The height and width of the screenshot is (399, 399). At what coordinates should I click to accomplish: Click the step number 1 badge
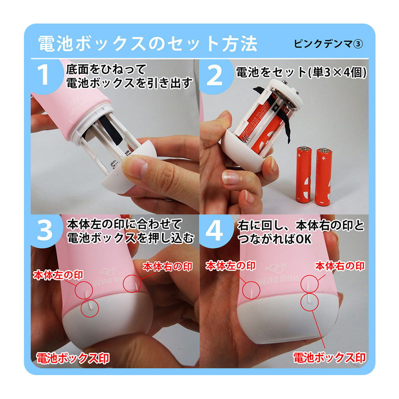click(46, 75)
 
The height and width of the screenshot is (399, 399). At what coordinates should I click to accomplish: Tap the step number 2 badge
click(215, 75)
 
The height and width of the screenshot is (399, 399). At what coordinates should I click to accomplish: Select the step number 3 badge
click(46, 230)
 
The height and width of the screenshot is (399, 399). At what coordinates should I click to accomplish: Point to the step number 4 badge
click(215, 231)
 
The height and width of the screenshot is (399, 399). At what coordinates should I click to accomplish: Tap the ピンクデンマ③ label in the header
click(328, 44)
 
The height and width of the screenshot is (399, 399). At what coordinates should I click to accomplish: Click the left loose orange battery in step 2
click(304, 175)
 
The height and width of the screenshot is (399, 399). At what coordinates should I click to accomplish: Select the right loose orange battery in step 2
click(324, 177)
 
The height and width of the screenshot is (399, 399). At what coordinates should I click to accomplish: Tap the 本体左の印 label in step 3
click(58, 275)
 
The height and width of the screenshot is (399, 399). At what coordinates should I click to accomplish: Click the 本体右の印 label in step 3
click(168, 267)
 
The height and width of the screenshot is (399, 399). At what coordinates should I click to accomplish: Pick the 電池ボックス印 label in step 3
click(73, 358)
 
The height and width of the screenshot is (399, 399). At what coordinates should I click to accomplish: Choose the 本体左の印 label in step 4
click(231, 266)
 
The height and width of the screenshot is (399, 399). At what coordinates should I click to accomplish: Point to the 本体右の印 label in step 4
click(340, 266)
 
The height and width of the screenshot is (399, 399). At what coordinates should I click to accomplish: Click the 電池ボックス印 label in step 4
click(330, 358)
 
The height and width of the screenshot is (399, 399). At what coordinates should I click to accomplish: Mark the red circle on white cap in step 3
click(89, 308)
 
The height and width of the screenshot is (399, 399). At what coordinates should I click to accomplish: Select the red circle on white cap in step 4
click(310, 302)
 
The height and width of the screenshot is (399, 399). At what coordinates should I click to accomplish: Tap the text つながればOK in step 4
click(275, 239)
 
